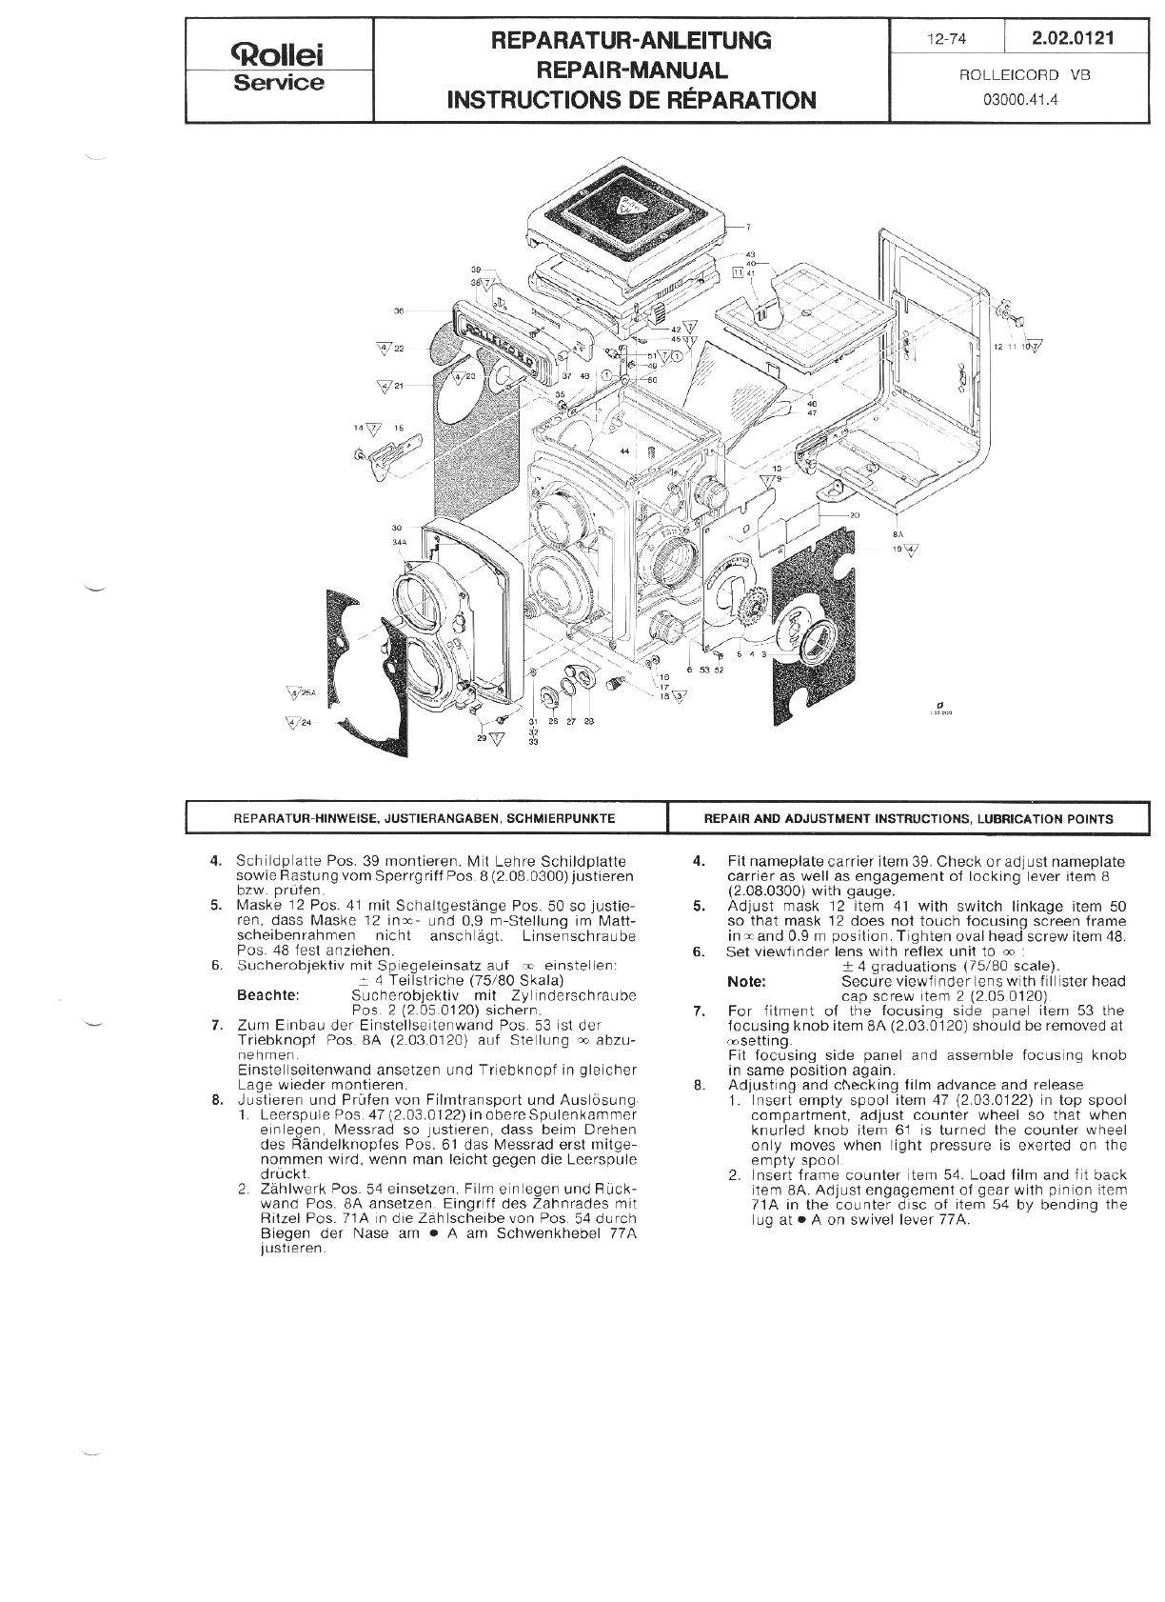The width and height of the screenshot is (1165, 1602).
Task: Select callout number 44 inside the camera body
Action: tap(624, 451)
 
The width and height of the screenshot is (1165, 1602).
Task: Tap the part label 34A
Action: tap(399, 542)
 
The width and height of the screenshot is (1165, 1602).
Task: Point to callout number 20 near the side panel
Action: tap(855, 515)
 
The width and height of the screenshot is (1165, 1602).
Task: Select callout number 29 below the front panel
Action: tap(482, 738)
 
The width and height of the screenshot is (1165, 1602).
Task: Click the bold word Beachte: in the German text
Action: tap(267, 995)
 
